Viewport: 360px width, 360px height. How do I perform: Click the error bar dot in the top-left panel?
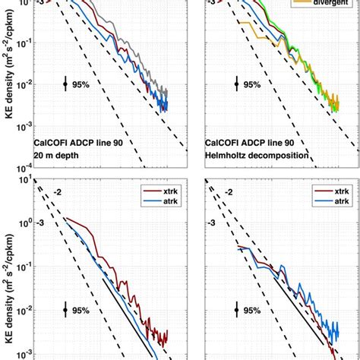tap(65, 85)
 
